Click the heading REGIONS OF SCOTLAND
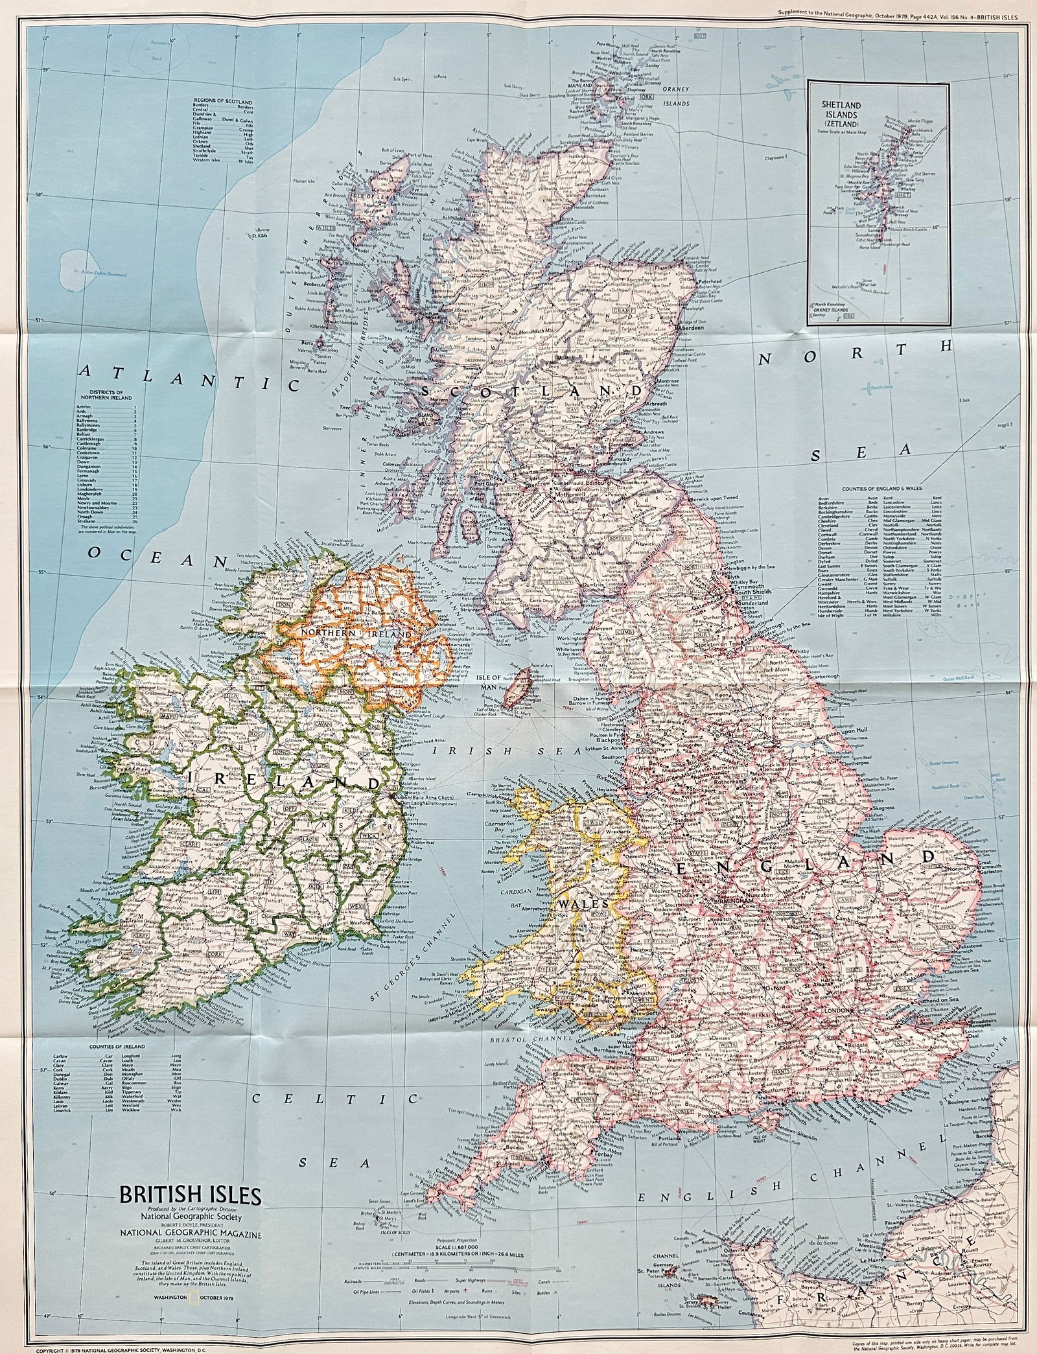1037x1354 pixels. (222, 102)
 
